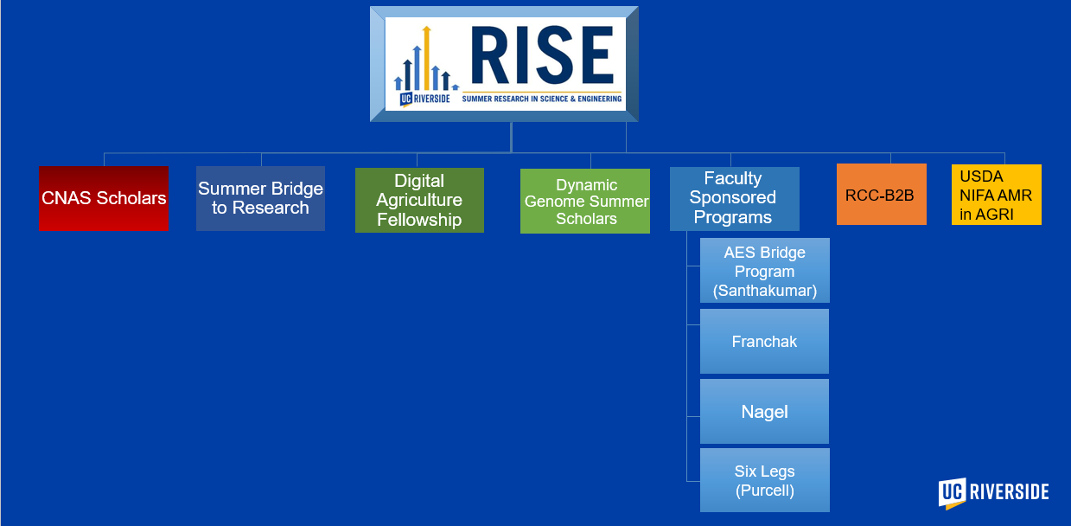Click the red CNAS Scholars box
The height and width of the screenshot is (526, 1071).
(x=104, y=199)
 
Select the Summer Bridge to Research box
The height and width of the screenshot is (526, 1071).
(x=260, y=199)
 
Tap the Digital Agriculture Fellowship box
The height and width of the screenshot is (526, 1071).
(x=419, y=201)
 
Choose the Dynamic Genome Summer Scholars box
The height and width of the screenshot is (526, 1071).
(x=585, y=202)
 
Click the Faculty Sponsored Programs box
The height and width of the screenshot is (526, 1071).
(x=734, y=198)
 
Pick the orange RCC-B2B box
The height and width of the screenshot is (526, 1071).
(x=881, y=195)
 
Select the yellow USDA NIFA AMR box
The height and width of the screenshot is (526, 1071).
(x=996, y=195)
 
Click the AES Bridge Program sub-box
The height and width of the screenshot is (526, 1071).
(x=764, y=271)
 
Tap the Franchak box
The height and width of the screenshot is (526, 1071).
(x=764, y=342)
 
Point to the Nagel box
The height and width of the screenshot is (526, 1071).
(x=764, y=412)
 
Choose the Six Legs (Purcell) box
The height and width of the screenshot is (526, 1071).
(x=764, y=481)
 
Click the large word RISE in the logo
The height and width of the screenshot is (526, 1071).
(x=541, y=56)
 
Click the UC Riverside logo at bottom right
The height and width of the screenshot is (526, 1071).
(x=993, y=492)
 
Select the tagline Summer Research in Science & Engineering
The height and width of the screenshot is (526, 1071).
(x=542, y=99)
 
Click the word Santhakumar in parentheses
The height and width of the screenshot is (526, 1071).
(x=765, y=291)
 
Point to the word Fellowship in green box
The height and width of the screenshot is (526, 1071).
(x=419, y=220)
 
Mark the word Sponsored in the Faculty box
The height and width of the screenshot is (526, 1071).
(x=733, y=197)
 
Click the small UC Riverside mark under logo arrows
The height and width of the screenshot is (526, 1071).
(x=424, y=99)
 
